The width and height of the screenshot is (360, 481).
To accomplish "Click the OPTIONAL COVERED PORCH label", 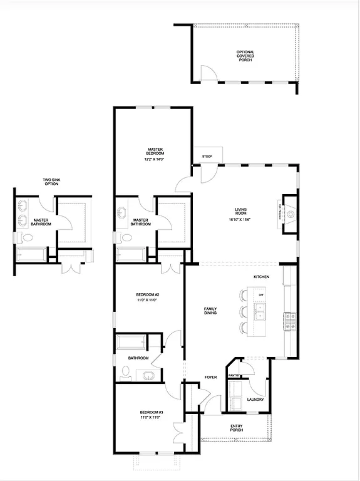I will coord(245,56).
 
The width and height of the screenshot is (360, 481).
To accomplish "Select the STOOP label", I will coord(207,157).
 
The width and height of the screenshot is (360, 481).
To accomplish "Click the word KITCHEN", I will coord(261,276).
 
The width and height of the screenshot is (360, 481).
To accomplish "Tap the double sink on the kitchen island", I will coord(260,311).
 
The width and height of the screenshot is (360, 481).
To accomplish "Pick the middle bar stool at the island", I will coord(243,312).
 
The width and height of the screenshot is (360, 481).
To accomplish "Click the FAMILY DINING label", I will coord(210,312).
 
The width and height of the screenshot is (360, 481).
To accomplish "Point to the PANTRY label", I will coord(235,376).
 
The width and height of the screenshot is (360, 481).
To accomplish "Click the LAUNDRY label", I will coord(255,400).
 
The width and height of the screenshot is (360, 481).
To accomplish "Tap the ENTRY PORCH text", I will coord(236,428).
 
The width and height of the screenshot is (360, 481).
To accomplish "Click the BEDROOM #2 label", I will coord(148,297).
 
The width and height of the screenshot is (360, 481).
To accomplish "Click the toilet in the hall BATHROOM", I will coord(125,373).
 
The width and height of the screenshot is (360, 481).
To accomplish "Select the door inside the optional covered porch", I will coord(212,74).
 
